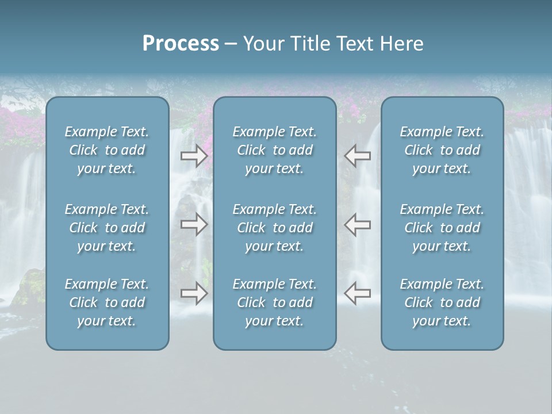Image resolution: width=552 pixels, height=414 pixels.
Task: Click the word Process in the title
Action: [181, 44]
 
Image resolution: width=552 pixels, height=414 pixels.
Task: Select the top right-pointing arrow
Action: [194, 156]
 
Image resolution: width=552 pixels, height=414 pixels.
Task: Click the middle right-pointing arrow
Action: [194, 224]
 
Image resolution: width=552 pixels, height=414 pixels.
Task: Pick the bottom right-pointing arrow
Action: [194, 293]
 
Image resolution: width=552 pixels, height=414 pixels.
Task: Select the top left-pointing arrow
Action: [358, 156]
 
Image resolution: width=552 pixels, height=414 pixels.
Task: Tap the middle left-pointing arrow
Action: [358, 224]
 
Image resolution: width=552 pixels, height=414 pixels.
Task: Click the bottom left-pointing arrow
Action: [358, 293]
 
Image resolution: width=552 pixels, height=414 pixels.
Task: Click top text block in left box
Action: [107, 150]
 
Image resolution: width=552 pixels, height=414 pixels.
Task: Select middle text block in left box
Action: [107, 228]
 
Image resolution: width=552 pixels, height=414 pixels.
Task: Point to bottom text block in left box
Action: [107, 302]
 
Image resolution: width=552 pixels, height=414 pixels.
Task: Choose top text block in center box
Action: [275, 150]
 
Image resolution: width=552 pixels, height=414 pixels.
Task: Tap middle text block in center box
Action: [275, 228]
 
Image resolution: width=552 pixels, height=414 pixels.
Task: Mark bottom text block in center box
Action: [275, 302]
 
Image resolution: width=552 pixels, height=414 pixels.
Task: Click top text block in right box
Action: [442, 150]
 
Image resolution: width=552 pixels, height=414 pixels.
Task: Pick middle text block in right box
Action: [442, 228]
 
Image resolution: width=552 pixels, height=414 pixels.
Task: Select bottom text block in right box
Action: [442, 302]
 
